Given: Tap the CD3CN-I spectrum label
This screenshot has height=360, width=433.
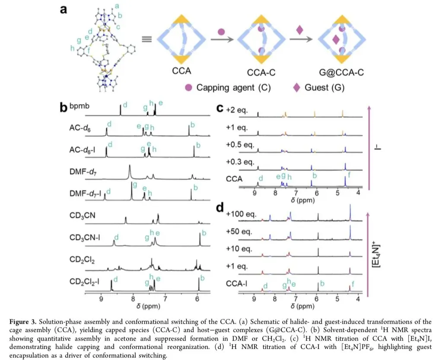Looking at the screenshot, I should pyautogui.click(x=84, y=238).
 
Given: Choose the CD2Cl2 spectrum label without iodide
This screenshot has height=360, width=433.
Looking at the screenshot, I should pyautogui.click(x=81, y=259).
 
